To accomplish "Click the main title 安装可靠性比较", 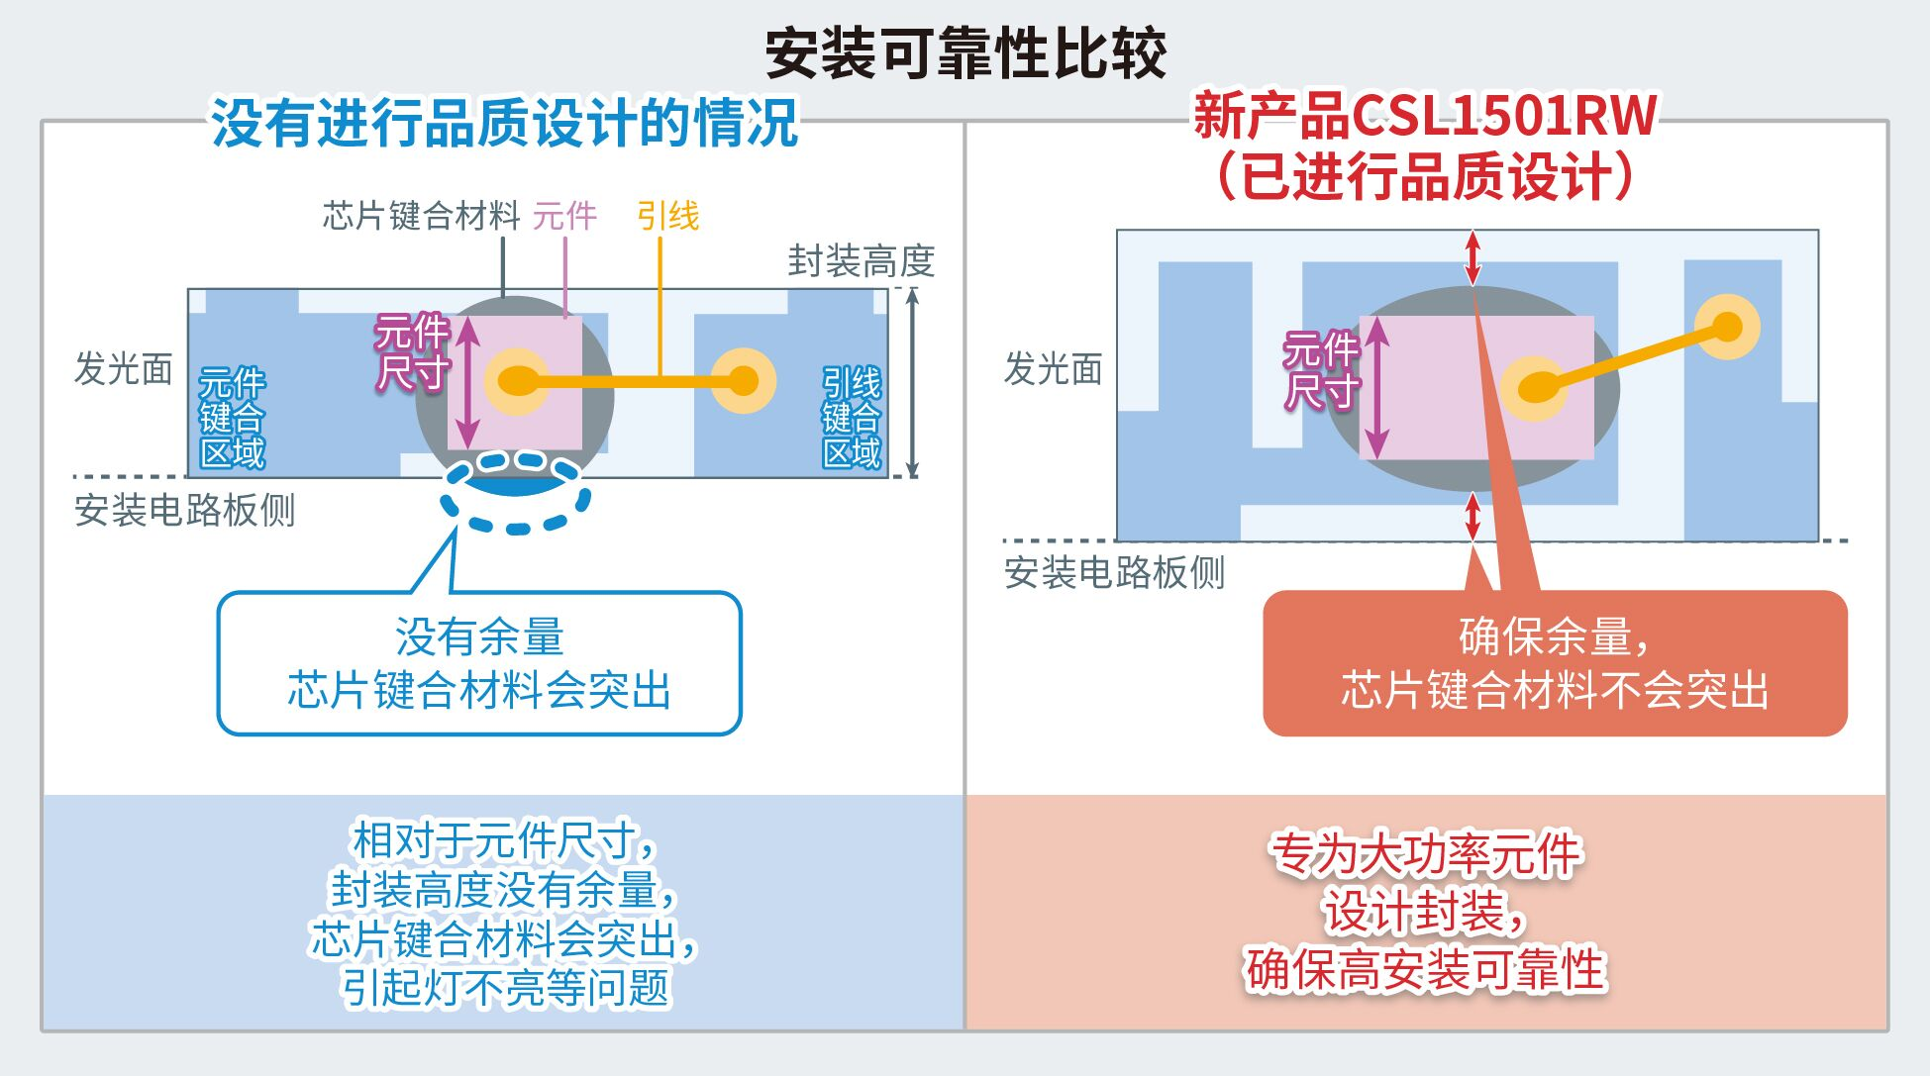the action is [965, 53].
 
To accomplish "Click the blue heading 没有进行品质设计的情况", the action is [504, 123].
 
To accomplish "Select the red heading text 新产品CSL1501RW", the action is [1425, 116].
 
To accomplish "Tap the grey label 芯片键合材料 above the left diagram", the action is [421, 215].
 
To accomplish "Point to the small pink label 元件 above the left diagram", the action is [564, 215].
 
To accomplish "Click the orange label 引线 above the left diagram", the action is [667, 215].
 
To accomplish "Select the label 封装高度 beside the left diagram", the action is [862, 261].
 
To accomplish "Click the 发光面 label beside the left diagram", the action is [124, 368].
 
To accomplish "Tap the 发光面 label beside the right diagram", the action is [1054, 368].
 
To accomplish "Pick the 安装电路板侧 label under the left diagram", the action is [185, 511].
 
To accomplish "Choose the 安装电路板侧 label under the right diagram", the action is [1115, 572].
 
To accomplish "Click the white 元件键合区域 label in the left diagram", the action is [232, 418].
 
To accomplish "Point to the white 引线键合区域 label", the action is [852, 418].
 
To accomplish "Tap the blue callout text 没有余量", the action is [479, 636].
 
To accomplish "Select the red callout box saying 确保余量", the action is [1555, 663].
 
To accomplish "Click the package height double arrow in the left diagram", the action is [913, 383].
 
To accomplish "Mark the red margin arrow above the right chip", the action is [1473, 257].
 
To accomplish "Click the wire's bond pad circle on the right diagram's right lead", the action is [1727, 327].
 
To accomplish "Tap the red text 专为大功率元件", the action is [1426, 854].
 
